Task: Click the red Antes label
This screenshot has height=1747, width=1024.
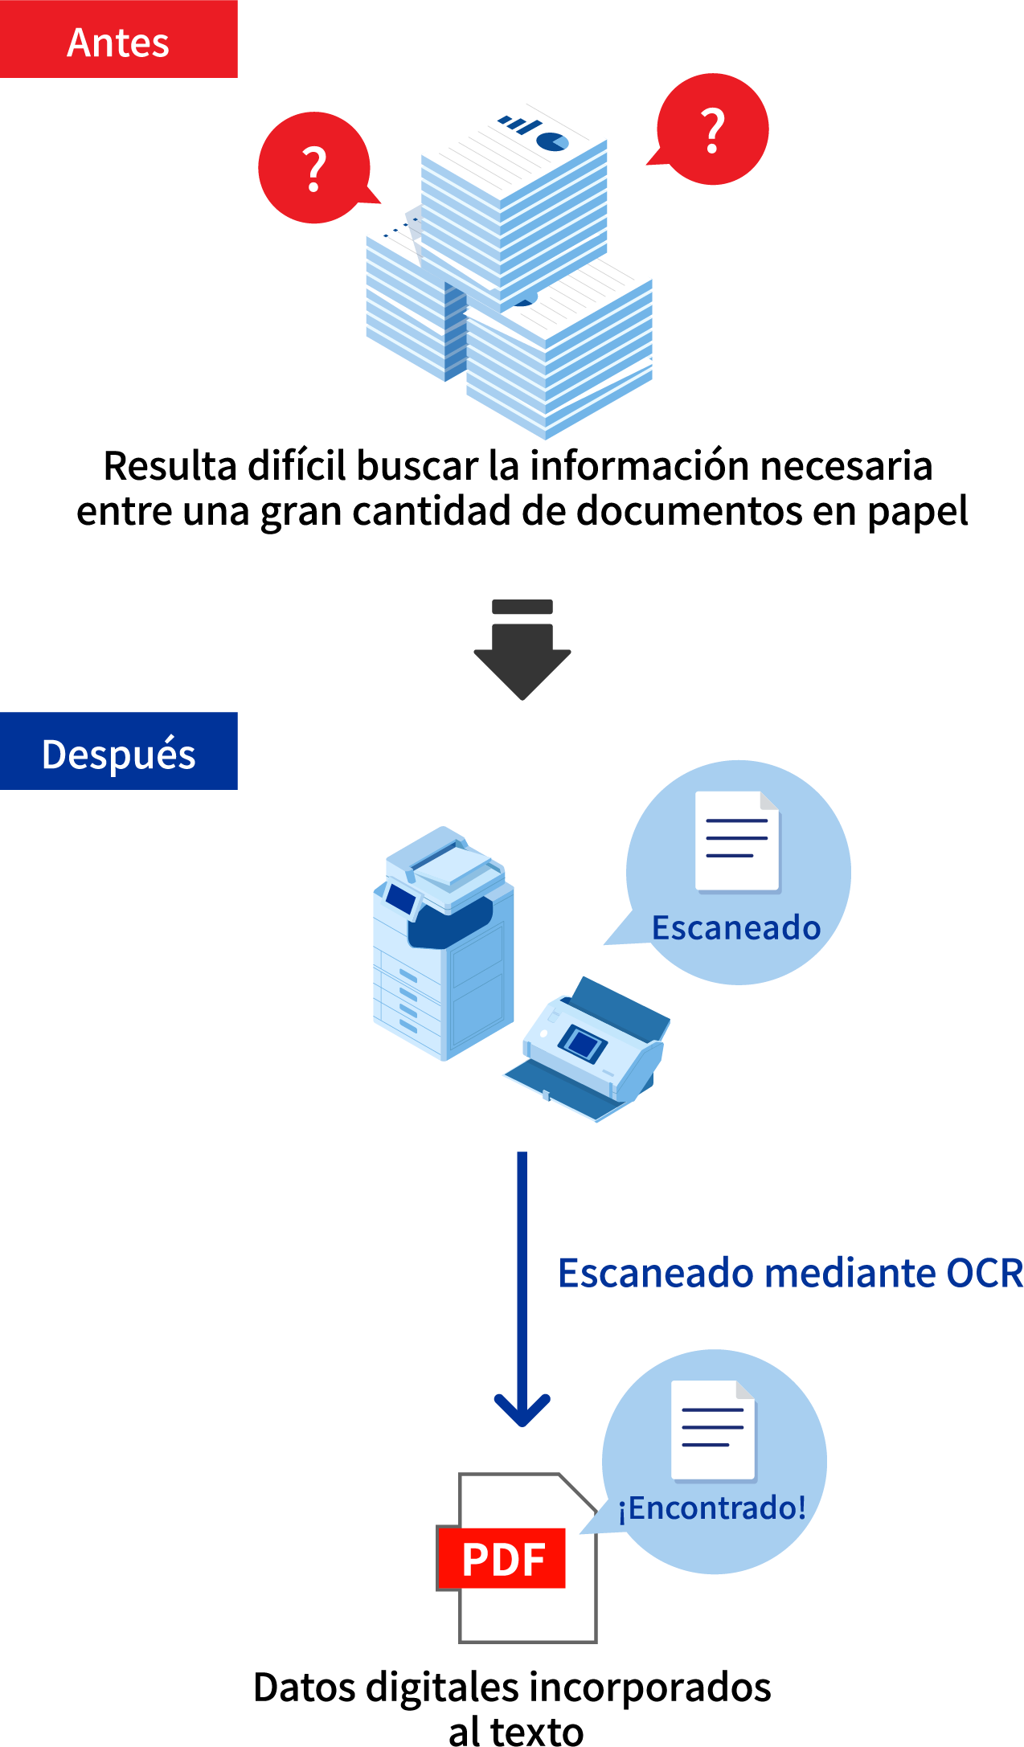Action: click(118, 40)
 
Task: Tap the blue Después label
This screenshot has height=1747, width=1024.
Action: click(118, 752)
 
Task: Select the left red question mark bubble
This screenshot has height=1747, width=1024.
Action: click(314, 168)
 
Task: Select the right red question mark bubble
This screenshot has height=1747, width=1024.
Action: click(712, 129)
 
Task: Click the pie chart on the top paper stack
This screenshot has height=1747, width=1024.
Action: click(552, 142)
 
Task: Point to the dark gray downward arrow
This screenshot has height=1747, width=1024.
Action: click(522, 655)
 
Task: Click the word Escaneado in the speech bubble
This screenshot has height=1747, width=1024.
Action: click(735, 927)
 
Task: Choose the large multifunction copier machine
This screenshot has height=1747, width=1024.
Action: click(443, 944)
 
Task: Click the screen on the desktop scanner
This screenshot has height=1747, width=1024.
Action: click(583, 1043)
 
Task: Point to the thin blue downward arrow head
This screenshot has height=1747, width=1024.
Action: click(522, 1411)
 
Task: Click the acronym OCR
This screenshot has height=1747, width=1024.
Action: click(985, 1273)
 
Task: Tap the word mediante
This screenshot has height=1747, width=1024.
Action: click(849, 1273)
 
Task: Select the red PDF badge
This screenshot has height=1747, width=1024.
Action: click(503, 1558)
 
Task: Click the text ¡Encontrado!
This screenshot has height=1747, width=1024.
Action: click(712, 1508)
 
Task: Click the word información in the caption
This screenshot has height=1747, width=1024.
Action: click(639, 466)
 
